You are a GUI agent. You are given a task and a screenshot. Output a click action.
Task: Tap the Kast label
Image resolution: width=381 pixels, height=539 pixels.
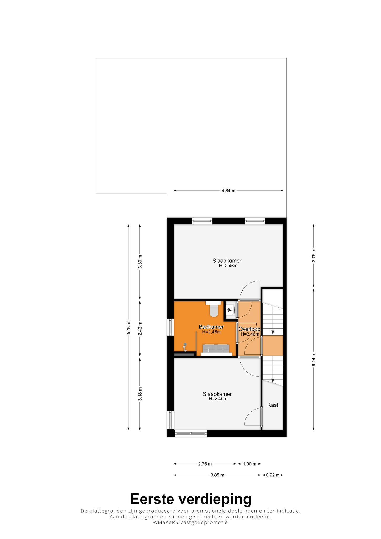tap(273, 405)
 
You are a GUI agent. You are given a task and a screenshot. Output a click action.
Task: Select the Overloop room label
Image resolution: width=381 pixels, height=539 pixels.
tap(249, 329)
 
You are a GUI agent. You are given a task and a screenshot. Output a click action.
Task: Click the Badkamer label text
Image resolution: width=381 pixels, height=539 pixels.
tap(211, 327)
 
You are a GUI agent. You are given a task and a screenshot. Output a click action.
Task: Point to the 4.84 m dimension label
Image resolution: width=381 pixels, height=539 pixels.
tap(228, 191)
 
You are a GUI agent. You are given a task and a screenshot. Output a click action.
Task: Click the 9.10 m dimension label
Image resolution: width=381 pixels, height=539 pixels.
tap(128, 327)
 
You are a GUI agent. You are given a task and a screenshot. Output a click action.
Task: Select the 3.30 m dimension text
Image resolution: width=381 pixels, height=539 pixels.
tap(140, 262)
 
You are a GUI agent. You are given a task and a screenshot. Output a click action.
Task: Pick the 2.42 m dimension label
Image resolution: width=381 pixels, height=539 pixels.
tap(140, 328)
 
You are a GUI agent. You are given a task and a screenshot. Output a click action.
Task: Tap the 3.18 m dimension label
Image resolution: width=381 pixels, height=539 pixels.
tap(140, 394)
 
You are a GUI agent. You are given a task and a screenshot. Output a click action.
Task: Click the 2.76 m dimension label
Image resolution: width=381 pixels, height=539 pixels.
tap(314, 256)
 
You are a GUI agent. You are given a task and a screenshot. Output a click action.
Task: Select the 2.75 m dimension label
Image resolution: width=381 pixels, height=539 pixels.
tap(205, 464)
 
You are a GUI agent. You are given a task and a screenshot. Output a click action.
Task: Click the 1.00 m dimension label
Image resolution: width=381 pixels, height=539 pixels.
tap(249, 464)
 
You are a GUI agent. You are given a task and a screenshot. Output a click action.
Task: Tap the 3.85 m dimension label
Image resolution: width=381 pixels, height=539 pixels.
tap(217, 475)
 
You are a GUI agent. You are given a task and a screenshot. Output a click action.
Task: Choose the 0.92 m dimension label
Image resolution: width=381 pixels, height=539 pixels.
tap(273, 475)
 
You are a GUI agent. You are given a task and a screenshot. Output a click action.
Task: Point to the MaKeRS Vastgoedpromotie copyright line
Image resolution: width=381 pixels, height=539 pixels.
tap(190, 522)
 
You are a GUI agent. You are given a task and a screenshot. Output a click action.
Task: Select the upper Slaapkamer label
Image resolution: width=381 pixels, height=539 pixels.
tap(227, 261)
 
